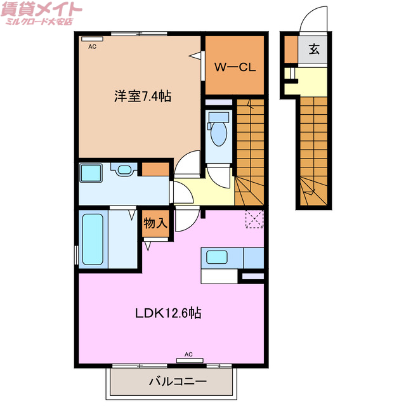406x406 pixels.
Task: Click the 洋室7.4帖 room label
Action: click(x=143, y=96)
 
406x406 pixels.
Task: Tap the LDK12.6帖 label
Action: click(x=167, y=313)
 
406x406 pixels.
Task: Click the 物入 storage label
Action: click(x=155, y=223)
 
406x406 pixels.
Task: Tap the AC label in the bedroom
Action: click(x=93, y=47)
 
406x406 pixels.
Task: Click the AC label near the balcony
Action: click(x=188, y=353)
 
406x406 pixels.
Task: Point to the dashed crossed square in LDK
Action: click(x=254, y=218)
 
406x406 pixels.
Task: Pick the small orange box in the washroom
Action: click(x=154, y=169)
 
